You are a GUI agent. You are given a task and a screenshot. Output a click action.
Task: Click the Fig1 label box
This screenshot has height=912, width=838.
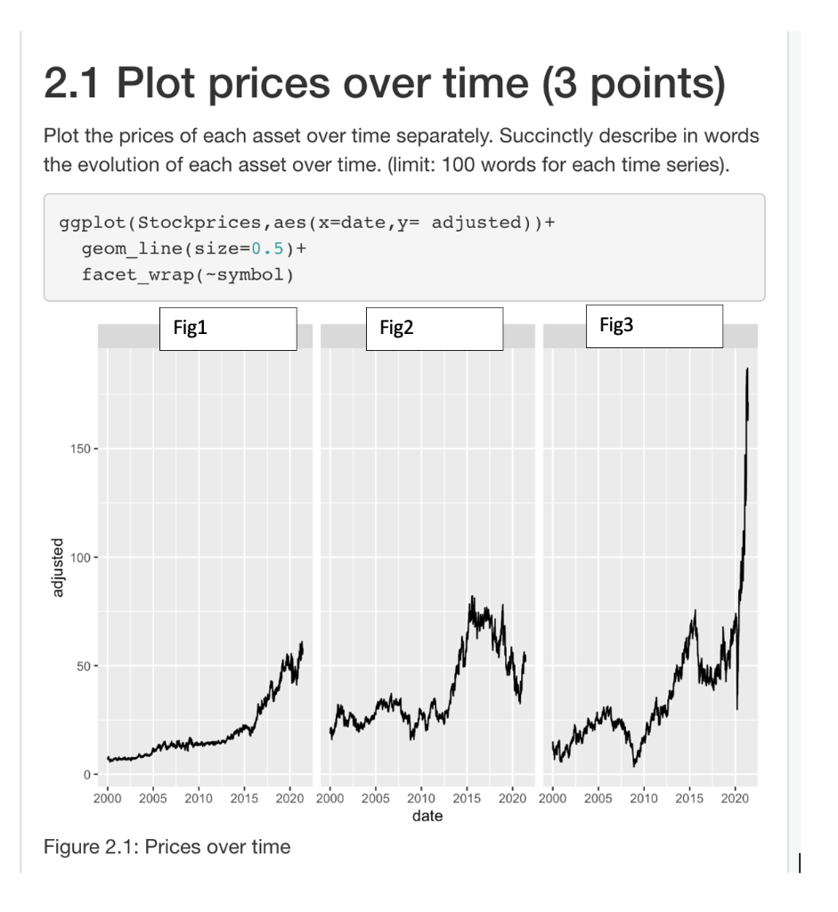pyautogui.click(x=227, y=329)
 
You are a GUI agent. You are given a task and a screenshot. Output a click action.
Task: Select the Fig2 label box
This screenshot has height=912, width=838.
pyautogui.click(x=435, y=329)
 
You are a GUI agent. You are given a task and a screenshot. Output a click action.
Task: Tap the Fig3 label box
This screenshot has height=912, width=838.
pyautogui.click(x=655, y=326)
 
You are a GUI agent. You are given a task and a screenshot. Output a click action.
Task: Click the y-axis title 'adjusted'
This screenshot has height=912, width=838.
pyautogui.click(x=59, y=567)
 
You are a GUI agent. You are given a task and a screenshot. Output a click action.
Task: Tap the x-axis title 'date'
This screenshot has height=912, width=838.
pyautogui.click(x=427, y=816)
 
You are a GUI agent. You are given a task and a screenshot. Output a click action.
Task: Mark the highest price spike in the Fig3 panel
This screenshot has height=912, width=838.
pyautogui.click(x=747, y=369)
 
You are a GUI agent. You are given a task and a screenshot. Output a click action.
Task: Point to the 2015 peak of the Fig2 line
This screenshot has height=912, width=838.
pyautogui.click(x=473, y=598)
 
